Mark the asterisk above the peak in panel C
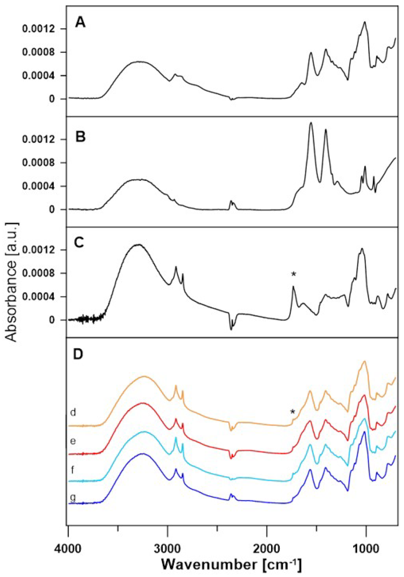(x=294, y=275)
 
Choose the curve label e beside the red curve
(x=73, y=442)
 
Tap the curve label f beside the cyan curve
(x=72, y=470)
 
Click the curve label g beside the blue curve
(x=73, y=498)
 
